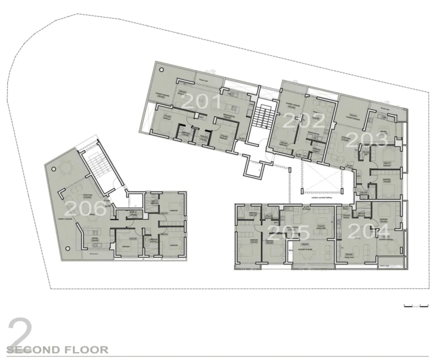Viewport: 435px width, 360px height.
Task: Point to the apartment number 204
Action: click(369, 231)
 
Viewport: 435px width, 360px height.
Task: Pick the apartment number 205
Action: click(289, 233)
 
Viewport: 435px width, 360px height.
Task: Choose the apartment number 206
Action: click(86, 208)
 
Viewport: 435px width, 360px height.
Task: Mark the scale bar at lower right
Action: click(416, 306)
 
